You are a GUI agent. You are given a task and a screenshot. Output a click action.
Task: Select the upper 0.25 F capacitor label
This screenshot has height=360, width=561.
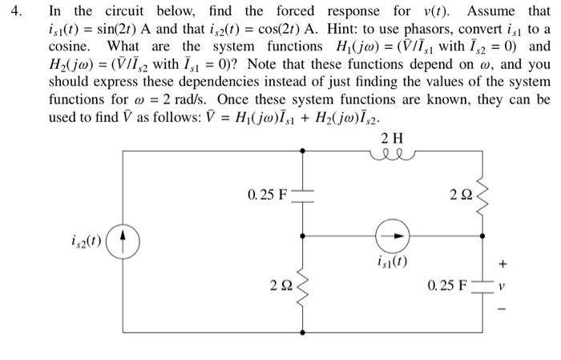(264, 193)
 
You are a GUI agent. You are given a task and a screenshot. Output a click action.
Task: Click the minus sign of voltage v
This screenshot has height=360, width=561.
(526, 305)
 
